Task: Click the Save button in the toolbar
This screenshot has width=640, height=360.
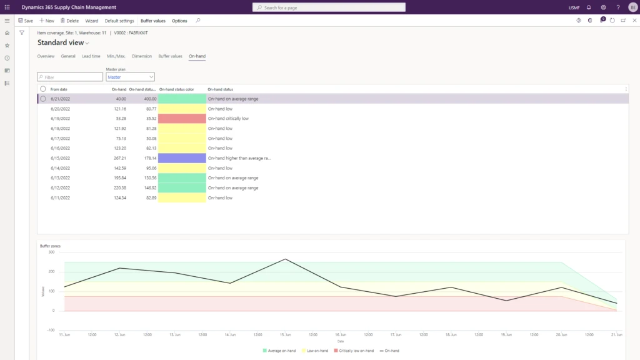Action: point(26,21)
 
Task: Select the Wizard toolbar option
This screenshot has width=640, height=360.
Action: point(92,21)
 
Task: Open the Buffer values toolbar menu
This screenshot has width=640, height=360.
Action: point(153,21)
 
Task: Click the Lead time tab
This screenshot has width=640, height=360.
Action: point(91,56)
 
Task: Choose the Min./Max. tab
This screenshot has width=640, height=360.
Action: point(116,56)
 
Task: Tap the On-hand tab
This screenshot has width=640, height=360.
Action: point(197,56)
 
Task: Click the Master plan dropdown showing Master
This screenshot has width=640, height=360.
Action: point(130,77)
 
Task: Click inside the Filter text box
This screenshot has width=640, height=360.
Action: point(70,77)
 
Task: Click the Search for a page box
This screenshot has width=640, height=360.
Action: point(329,7)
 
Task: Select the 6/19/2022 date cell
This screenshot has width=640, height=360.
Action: point(60,118)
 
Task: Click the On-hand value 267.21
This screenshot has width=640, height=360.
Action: point(118,158)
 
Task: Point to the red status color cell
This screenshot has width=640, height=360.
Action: point(182,118)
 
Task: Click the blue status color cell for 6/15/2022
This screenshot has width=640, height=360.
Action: point(182,158)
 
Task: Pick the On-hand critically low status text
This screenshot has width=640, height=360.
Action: point(228,118)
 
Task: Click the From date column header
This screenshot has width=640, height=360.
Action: point(59,89)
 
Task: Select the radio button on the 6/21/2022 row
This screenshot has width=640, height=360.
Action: point(43,99)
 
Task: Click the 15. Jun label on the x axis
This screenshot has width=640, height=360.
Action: point(286,334)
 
